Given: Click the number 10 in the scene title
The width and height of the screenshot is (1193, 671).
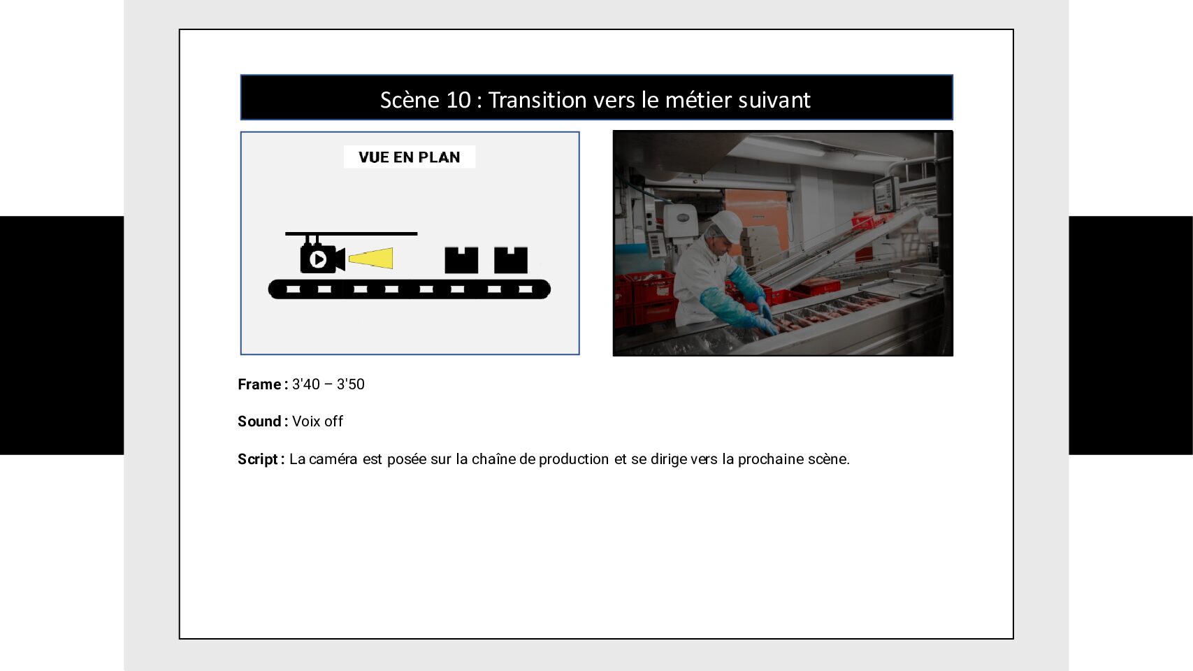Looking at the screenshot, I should point(458,100).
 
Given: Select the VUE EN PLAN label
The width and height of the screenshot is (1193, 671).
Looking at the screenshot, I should point(409,157).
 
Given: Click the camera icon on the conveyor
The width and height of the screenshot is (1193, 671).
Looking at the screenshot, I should point(321,259).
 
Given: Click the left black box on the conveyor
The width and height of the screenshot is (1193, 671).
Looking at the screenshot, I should point(461,260).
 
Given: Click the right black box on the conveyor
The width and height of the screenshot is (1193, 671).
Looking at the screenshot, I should point(511,260).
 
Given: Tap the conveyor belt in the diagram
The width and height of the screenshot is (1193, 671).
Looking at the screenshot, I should point(409,289).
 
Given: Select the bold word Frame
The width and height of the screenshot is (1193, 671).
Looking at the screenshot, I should point(259,384).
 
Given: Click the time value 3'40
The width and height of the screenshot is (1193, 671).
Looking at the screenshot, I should point(305,384).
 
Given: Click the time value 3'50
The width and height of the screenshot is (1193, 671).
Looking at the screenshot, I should point(351,384).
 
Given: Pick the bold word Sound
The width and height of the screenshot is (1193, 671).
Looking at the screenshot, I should point(259,421).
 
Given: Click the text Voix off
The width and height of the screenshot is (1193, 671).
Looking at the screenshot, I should point(317,421).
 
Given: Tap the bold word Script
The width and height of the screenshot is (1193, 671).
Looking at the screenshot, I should point(258,459).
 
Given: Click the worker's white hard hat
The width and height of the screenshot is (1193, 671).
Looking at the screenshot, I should point(727,224).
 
